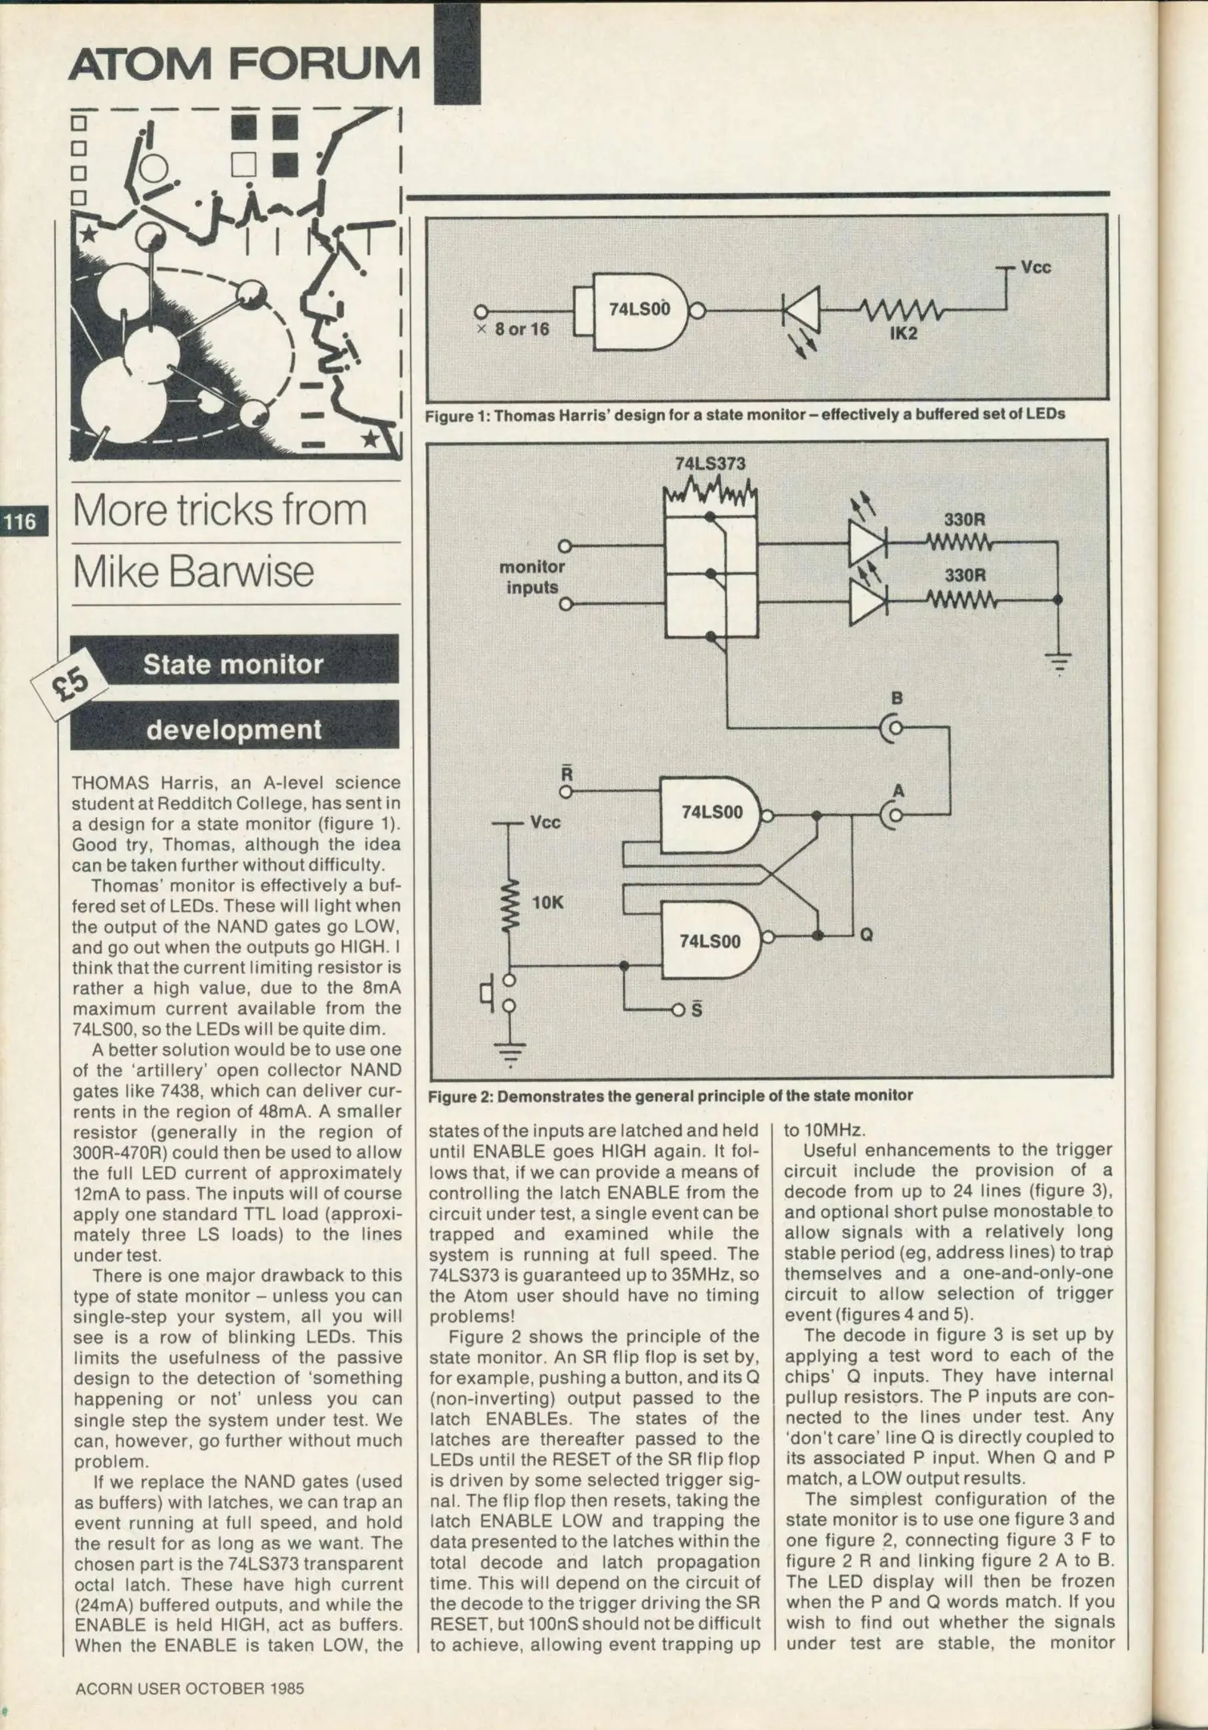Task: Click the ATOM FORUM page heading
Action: [x=244, y=62]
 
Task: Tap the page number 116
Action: [x=21, y=523]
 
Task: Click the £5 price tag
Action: [x=70, y=685]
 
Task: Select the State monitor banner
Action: [x=234, y=664]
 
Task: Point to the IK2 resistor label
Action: [x=903, y=333]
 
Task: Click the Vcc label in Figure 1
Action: [x=1035, y=268]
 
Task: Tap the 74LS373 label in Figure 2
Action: [x=710, y=464]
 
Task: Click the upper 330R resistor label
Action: [x=964, y=519]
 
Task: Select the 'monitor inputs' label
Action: [x=532, y=577]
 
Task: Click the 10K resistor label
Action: [x=548, y=903]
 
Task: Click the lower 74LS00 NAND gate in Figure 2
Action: [x=711, y=941]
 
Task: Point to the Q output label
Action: [x=866, y=934]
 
